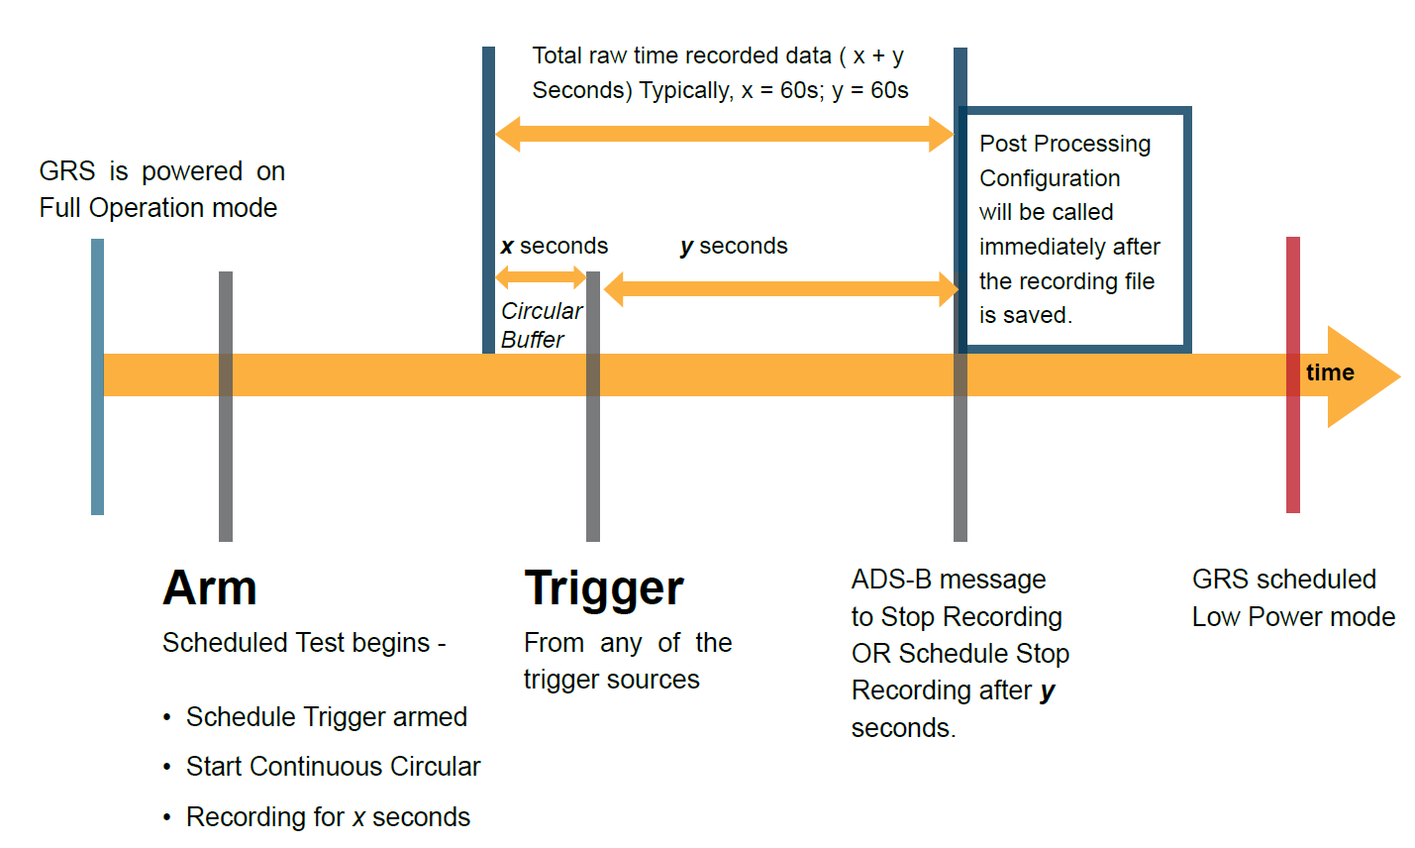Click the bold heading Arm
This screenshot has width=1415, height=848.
[210, 587]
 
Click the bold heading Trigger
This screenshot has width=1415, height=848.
[604, 588]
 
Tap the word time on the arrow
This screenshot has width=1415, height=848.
[1330, 372]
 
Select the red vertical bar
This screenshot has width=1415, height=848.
[1292, 446]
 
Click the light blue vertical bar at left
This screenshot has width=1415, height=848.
[97, 446]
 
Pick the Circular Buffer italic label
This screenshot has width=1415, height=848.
[541, 325]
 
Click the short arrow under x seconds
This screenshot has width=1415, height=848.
[541, 277]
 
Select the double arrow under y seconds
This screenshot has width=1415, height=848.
[781, 289]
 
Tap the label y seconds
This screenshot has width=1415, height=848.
[734, 246]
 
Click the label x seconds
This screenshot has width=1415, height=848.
[555, 246]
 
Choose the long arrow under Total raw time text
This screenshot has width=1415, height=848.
[724, 134]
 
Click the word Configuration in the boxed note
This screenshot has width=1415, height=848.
[1050, 178]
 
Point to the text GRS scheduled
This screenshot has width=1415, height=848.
[1283, 579]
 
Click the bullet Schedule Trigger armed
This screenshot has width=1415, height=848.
[326, 716]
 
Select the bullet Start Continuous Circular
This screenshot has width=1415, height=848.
[333, 766]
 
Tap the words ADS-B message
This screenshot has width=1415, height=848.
[948, 579]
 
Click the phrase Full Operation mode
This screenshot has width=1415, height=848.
[158, 208]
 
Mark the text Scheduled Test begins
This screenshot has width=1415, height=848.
[296, 643]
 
